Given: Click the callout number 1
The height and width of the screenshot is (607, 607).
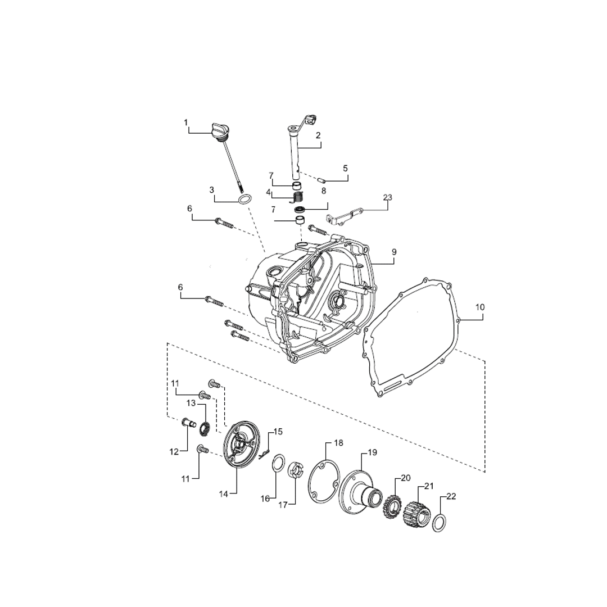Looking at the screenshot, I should (185, 122).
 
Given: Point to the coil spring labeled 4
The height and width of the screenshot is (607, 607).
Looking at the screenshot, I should (298, 196).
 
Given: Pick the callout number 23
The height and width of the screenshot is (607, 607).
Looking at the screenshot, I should (388, 197).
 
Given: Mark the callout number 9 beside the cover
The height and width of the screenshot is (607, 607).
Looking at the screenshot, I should (394, 252).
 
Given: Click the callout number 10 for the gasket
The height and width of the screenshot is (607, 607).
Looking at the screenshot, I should (479, 307).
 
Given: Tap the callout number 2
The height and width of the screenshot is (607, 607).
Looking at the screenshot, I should (318, 135).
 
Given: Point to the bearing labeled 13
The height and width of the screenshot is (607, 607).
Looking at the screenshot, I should (205, 429).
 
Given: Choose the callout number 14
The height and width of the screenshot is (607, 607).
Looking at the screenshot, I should (224, 494).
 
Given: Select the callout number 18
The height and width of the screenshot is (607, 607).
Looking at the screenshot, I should (338, 443).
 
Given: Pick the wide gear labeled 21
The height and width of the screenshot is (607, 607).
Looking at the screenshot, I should (416, 511).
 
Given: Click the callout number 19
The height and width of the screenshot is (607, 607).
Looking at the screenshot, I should (372, 452).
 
